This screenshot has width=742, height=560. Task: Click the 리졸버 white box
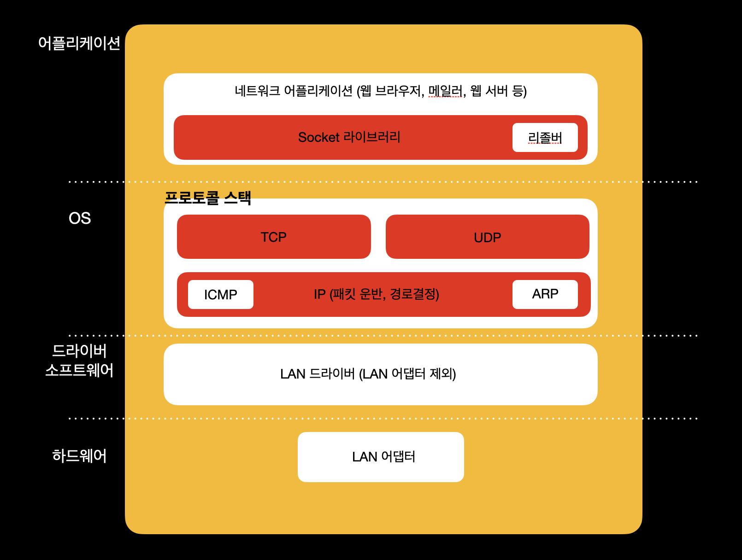(x=545, y=138)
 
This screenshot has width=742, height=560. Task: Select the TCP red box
(x=274, y=237)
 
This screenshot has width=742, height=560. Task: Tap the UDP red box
(x=487, y=237)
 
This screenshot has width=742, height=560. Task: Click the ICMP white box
(x=220, y=294)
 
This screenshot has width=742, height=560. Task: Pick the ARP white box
(x=545, y=294)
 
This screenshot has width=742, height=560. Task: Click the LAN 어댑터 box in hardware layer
(x=381, y=457)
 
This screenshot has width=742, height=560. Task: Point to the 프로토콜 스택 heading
(x=208, y=198)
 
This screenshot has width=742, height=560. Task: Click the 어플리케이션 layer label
(x=79, y=43)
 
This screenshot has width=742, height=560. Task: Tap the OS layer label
(x=79, y=218)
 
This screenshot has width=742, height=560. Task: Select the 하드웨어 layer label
(x=79, y=456)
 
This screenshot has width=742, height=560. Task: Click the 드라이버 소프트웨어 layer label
(x=79, y=361)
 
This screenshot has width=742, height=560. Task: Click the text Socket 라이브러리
(x=349, y=137)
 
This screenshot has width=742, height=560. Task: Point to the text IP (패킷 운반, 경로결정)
(x=376, y=294)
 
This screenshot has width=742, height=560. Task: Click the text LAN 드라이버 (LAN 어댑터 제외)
(x=368, y=374)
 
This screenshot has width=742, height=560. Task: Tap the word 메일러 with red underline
(x=445, y=91)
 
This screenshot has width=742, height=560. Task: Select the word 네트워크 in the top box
(x=257, y=91)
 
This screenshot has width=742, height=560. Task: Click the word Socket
(x=318, y=137)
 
